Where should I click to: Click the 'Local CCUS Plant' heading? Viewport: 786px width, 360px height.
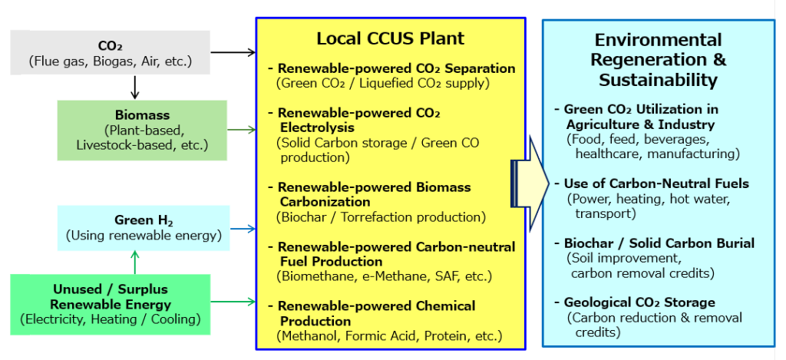[390, 39]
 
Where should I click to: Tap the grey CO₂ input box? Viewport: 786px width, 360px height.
[110, 53]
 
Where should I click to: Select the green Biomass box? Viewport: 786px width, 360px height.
[142, 130]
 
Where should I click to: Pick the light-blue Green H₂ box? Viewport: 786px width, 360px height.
[144, 228]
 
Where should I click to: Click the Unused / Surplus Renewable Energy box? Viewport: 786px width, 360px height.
[110, 304]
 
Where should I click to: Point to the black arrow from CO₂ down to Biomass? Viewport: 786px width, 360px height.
[134, 88]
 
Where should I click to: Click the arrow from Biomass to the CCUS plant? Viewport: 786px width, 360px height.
[241, 130]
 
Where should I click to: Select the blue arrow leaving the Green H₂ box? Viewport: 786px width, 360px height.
[243, 230]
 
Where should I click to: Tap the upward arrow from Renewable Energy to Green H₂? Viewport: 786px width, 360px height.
[134, 263]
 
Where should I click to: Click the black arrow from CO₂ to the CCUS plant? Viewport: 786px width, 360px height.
[233, 51]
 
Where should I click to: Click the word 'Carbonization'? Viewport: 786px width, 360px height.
[325, 202]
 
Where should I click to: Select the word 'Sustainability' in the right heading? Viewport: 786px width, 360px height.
[658, 81]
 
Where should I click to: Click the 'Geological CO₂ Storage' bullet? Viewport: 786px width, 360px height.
[635, 303]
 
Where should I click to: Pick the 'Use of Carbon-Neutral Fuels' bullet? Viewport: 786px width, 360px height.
[652, 184]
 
